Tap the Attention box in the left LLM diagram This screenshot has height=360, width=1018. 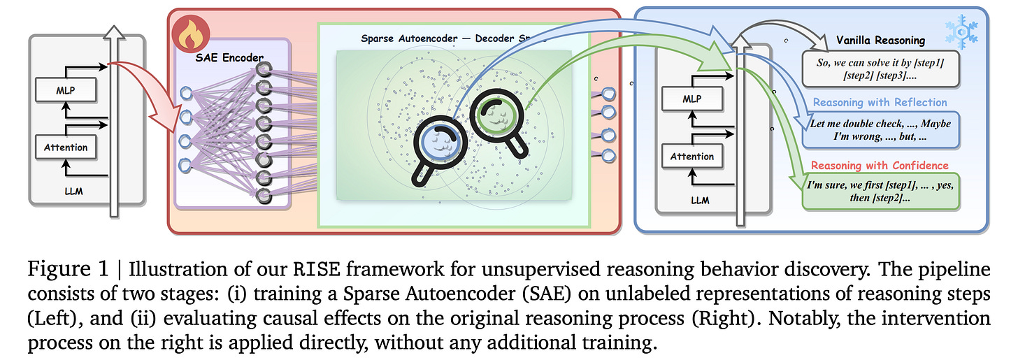click(65, 147)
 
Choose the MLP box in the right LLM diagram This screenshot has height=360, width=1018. click(691, 99)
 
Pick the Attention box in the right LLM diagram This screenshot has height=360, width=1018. click(691, 157)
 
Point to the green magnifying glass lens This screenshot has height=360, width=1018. click(496, 118)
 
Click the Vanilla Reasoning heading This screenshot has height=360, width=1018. click(881, 41)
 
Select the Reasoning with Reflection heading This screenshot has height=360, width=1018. click(880, 102)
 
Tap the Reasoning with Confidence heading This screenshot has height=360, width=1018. click(880, 165)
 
